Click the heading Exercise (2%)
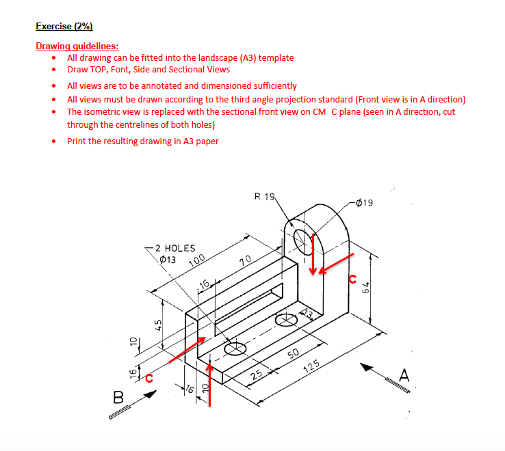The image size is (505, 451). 64,27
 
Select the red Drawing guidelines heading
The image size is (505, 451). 77,46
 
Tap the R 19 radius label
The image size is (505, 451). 264,197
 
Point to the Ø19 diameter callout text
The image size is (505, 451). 365,203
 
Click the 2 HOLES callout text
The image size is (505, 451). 175,249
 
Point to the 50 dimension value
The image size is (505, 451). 293,353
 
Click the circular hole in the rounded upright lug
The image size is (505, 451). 302,238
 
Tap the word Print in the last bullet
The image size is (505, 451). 77,141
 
